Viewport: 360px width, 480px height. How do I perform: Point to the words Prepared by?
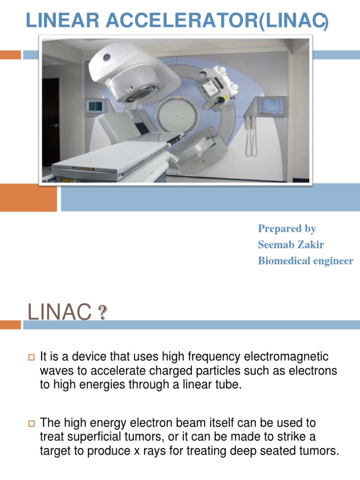[x=287, y=229]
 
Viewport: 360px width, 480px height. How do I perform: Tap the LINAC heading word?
[x=59, y=313]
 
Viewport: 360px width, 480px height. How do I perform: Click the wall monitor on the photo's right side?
[x=273, y=108]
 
